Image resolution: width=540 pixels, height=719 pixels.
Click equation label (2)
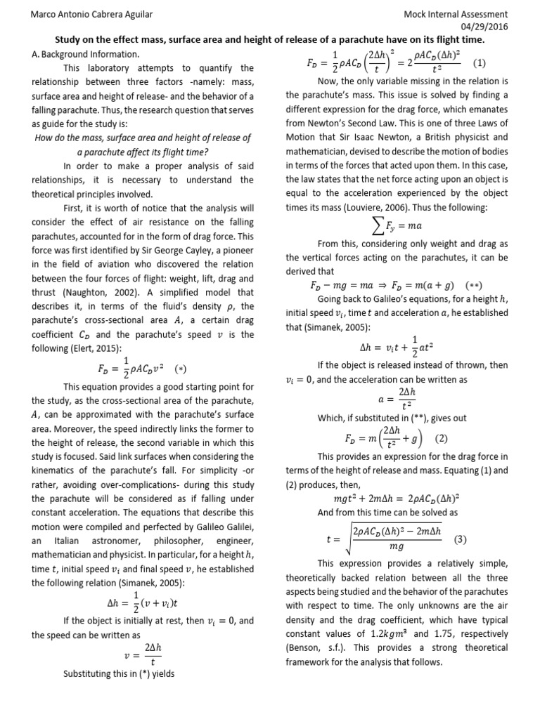tap(441, 439)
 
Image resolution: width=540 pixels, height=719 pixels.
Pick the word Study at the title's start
tap(72, 41)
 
